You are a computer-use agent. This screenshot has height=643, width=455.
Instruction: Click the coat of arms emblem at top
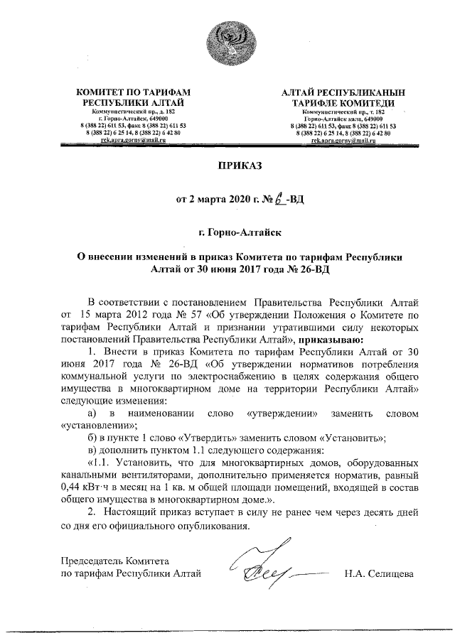tap(227, 44)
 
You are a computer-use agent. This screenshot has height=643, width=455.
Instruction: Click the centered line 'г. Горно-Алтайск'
tap(227, 232)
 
